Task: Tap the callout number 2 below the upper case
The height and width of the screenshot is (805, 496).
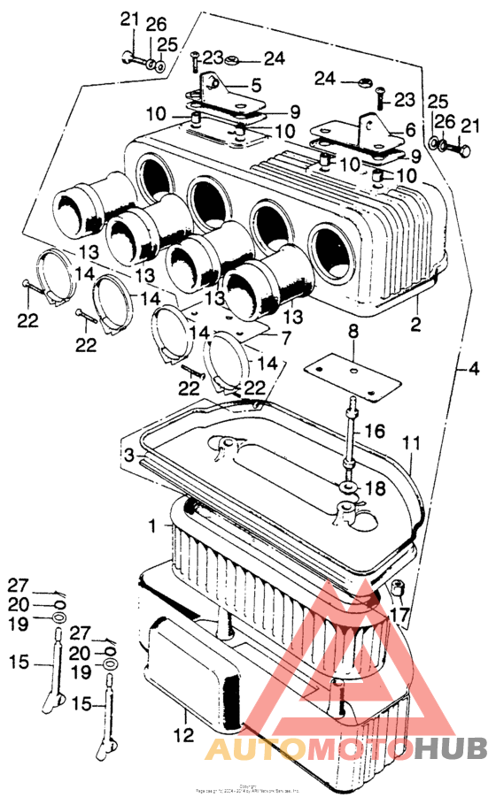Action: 414,323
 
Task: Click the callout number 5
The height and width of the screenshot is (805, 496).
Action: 256,86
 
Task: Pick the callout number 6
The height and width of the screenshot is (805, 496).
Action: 409,129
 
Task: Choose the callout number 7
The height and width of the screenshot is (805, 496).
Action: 286,338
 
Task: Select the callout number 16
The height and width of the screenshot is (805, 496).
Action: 376,431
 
